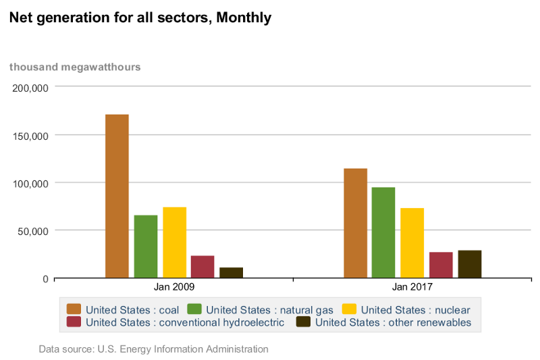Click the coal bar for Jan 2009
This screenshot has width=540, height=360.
click(117, 196)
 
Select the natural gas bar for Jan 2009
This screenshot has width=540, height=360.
click(145, 247)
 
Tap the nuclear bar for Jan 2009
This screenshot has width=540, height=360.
click(174, 242)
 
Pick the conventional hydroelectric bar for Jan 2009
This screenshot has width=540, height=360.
click(202, 267)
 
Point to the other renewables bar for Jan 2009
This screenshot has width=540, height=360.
click(231, 273)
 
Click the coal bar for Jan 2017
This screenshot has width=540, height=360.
click(355, 223)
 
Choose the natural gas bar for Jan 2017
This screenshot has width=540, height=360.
click(383, 232)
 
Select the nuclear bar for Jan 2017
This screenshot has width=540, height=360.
click(412, 243)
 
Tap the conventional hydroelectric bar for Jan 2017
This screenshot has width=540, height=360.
click(441, 265)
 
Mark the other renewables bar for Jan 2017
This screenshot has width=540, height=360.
click(469, 264)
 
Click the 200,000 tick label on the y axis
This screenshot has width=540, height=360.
click(30, 88)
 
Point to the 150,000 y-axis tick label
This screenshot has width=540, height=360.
click(30, 136)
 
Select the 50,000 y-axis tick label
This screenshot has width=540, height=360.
click(33, 231)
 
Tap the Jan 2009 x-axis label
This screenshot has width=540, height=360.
click(173, 287)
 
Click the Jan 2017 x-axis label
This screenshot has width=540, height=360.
click(412, 287)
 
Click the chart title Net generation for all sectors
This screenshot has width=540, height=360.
click(140, 18)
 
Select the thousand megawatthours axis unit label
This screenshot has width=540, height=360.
click(75, 67)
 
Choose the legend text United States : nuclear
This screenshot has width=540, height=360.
click(415, 310)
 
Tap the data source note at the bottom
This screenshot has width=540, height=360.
click(153, 349)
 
